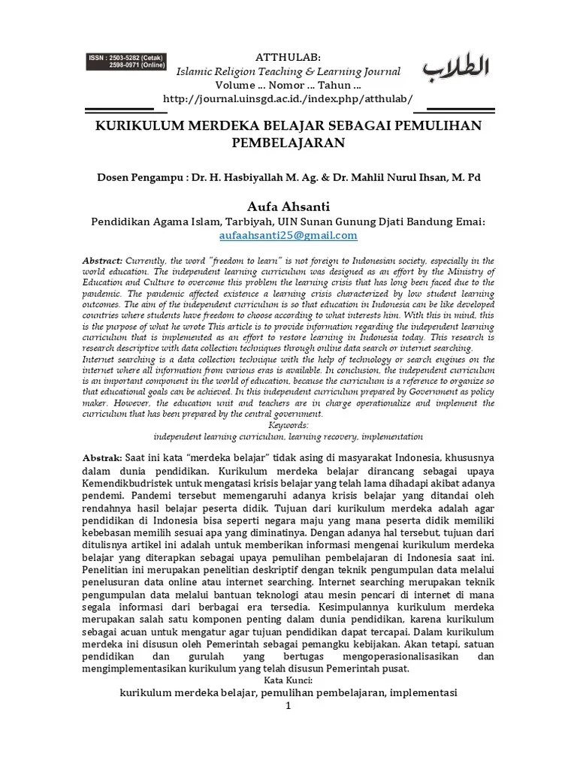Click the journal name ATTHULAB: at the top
pyautogui.click(x=288, y=57)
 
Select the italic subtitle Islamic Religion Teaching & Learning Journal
pyautogui.click(x=288, y=71)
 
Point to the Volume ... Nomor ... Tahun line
pyautogui.click(x=288, y=85)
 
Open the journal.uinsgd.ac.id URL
pyautogui.click(x=288, y=99)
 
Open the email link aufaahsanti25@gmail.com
pyautogui.click(x=288, y=235)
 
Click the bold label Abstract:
pyautogui.click(x=102, y=259)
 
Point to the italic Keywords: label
pyautogui.click(x=288, y=424)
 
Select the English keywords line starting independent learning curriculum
pyautogui.click(x=288, y=436)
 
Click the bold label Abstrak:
pyautogui.click(x=101, y=457)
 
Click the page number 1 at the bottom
pyautogui.click(x=288, y=707)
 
